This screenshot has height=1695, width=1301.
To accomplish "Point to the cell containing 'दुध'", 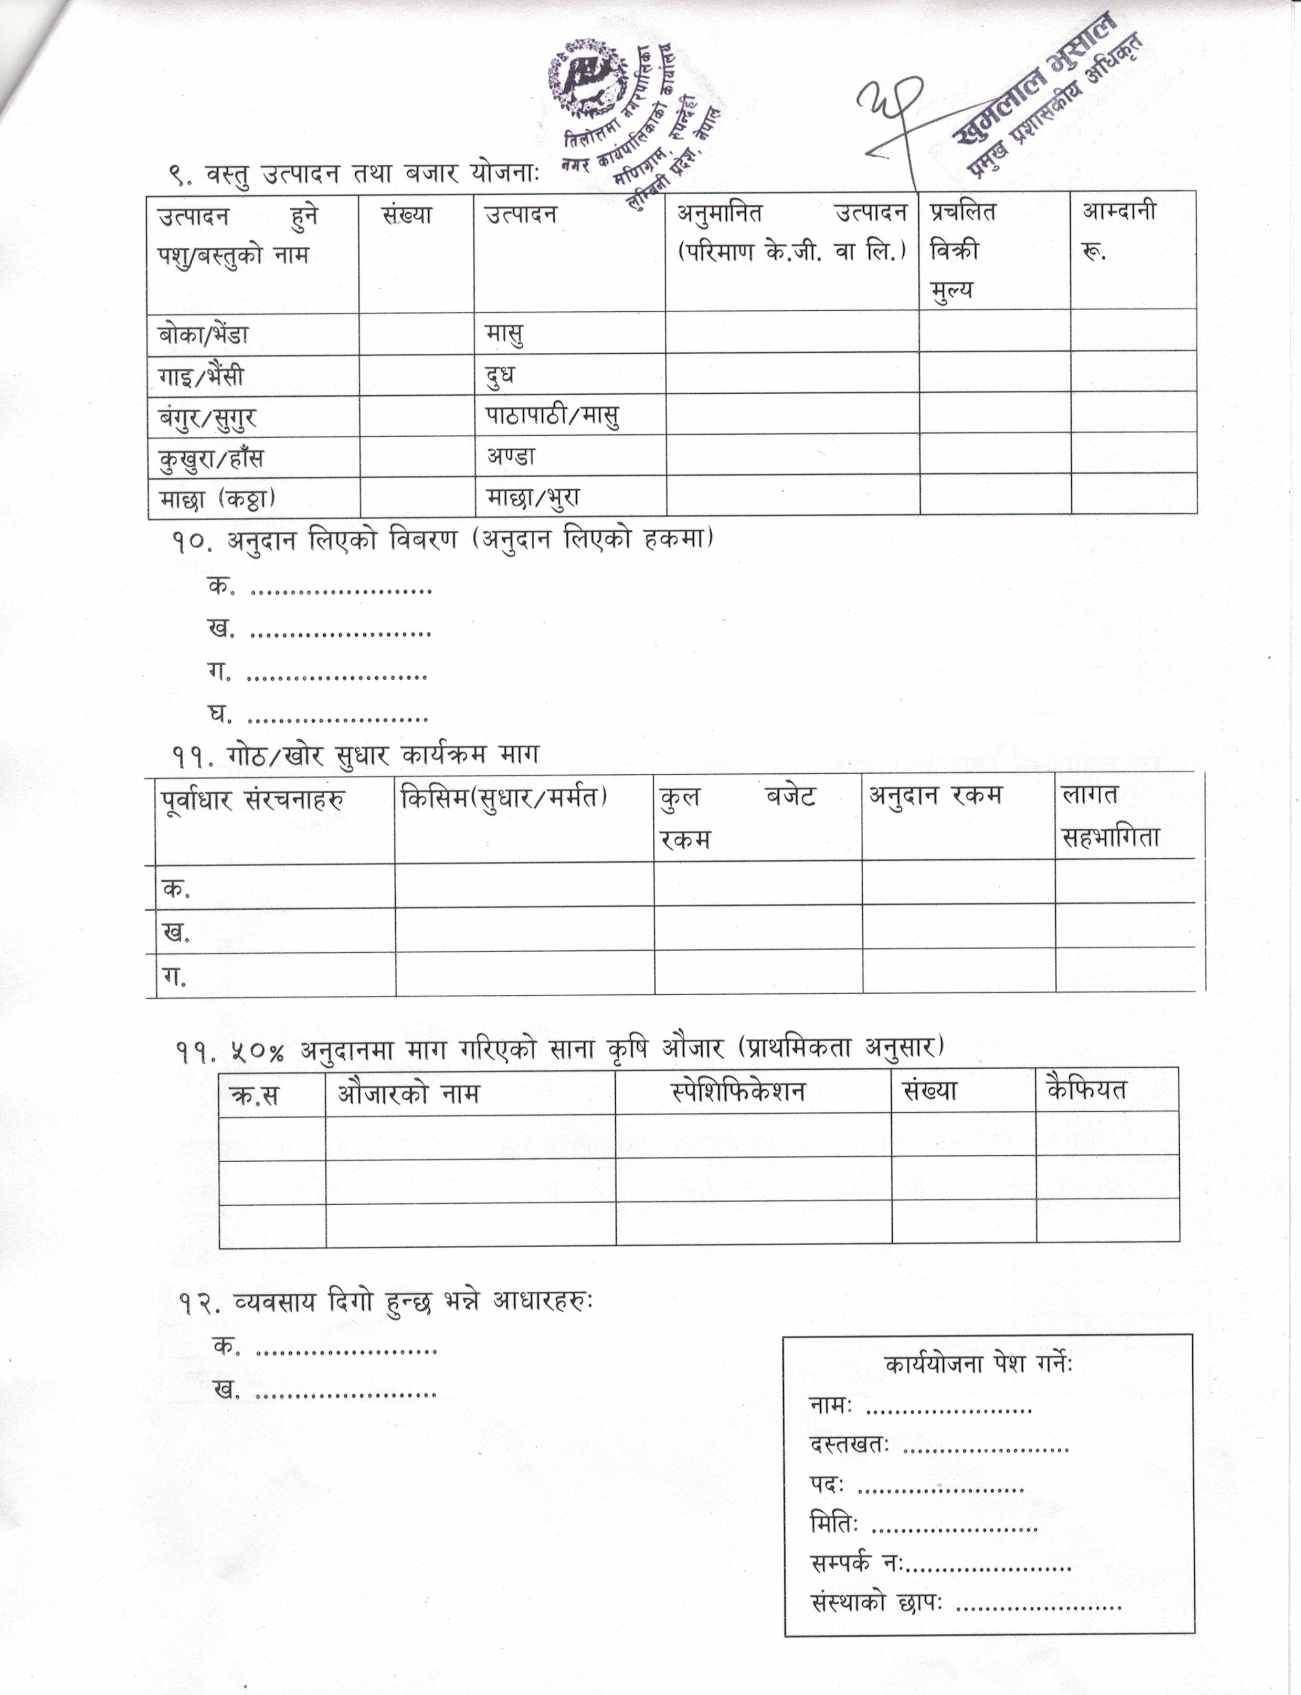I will tap(500, 376).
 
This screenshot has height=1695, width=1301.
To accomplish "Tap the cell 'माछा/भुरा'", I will tap(533, 497).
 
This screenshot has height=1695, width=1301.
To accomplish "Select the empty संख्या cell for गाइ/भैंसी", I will tap(417, 376).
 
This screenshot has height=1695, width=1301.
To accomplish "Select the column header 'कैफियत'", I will tap(1086, 1090).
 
